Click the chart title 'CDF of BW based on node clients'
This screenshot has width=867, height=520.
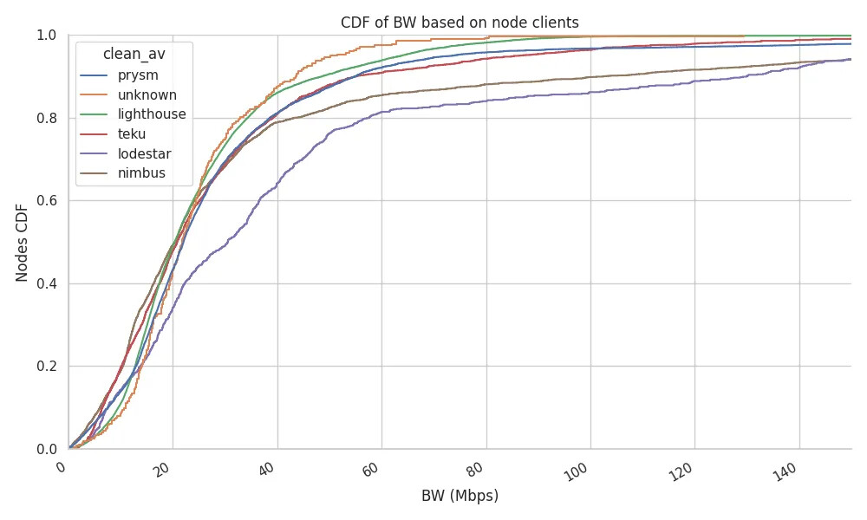(x=460, y=23)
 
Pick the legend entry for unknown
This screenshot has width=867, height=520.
(x=147, y=95)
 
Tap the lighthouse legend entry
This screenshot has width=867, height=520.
(x=152, y=115)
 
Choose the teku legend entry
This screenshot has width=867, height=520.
(x=132, y=134)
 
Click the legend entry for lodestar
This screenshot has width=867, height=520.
(x=144, y=154)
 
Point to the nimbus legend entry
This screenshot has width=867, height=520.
(x=141, y=173)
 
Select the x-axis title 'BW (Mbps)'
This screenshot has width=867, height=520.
(x=460, y=497)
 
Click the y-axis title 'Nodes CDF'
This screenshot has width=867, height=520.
(x=23, y=243)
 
